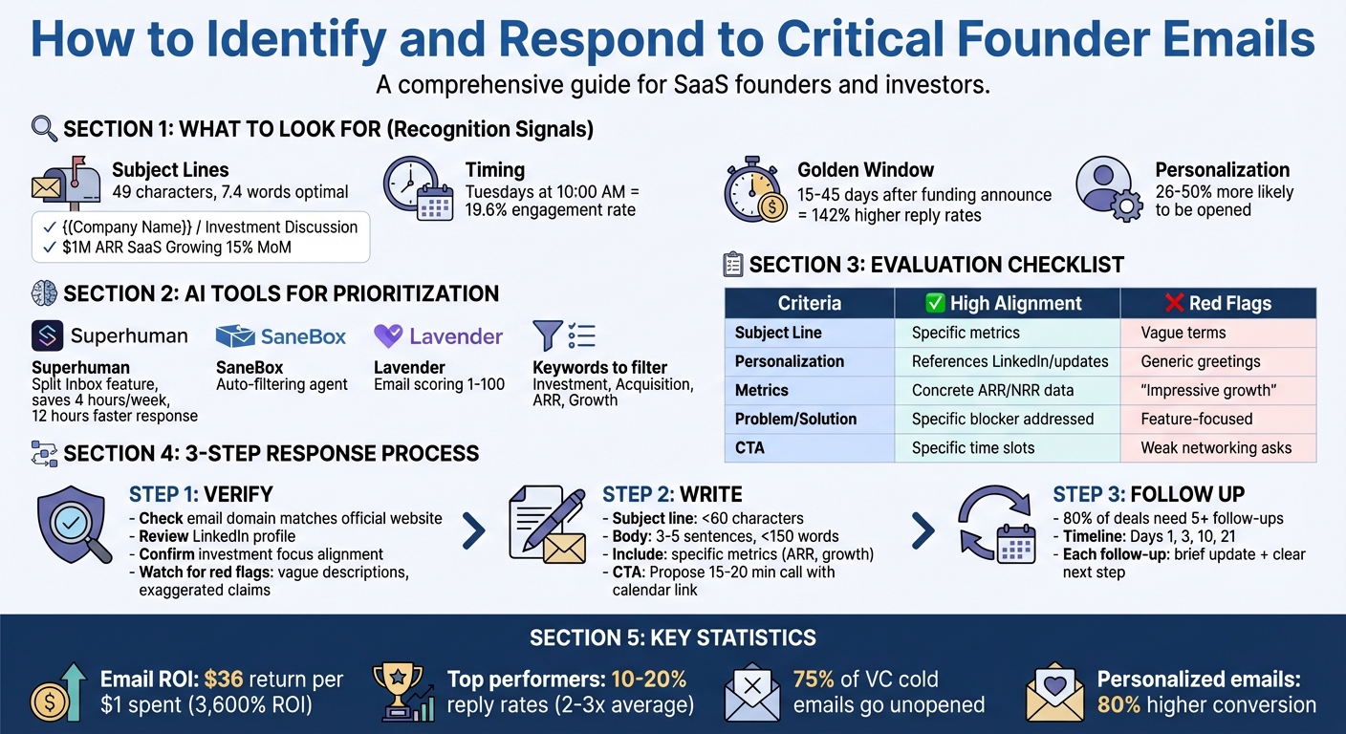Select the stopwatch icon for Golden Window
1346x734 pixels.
click(x=754, y=190)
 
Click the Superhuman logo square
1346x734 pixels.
click(x=47, y=336)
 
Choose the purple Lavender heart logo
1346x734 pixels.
click(x=387, y=336)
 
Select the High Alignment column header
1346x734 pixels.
click(x=1006, y=303)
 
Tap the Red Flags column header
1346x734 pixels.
click(x=1217, y=303)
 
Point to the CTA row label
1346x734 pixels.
click(x=750, y=447)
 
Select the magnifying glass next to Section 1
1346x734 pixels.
click(x=44, y=128)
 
